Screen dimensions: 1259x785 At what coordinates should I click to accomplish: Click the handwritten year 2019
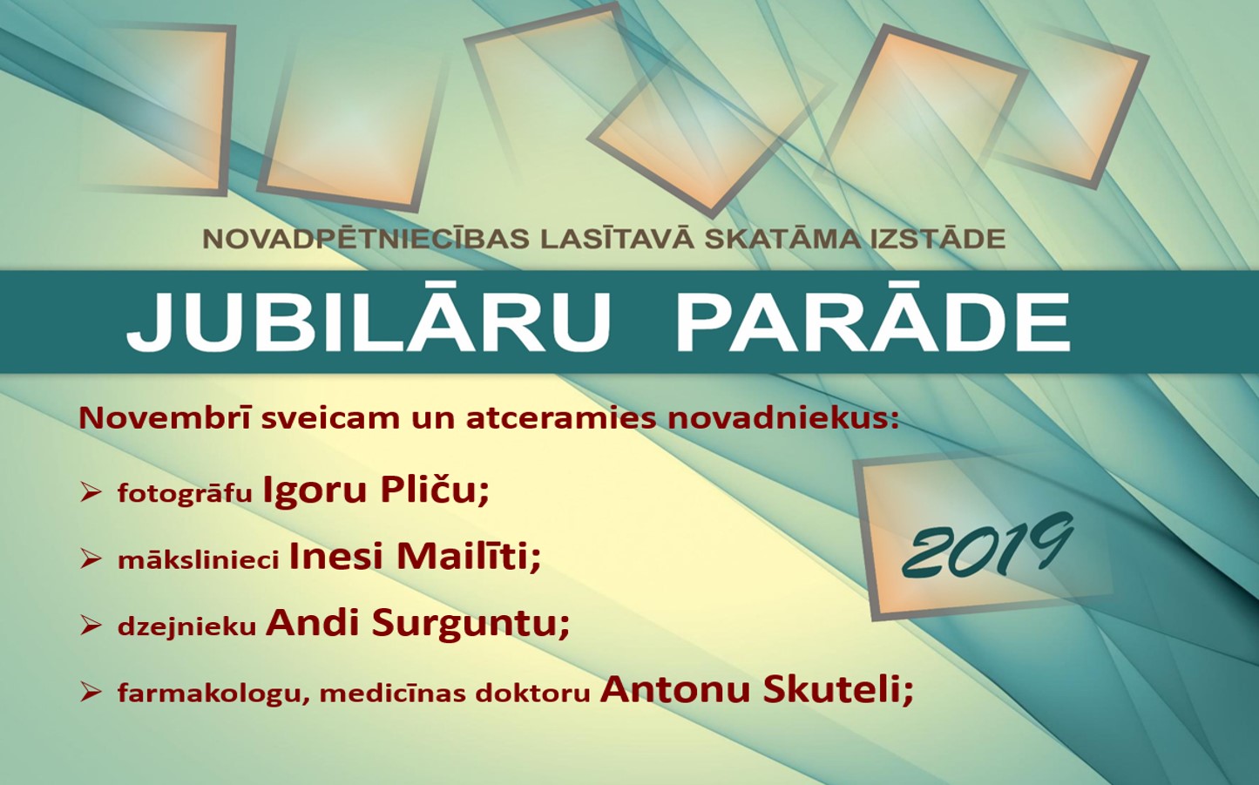click(987, 545)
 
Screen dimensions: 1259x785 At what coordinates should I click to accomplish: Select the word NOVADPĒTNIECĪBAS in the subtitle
click(365, 238)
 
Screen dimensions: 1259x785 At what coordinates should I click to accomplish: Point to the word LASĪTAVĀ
click(616, 238)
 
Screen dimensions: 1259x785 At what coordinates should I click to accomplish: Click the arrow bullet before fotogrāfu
click(90, 493)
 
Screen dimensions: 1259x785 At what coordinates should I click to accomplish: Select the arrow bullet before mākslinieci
click(90, 559)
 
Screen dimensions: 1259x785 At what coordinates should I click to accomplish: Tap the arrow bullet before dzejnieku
click(90, 626)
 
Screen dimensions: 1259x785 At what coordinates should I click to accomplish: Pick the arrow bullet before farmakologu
click(90, 693)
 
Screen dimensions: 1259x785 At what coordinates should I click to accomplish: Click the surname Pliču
click(434, 491)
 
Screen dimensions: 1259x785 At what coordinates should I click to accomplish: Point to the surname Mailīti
click(469, 557)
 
